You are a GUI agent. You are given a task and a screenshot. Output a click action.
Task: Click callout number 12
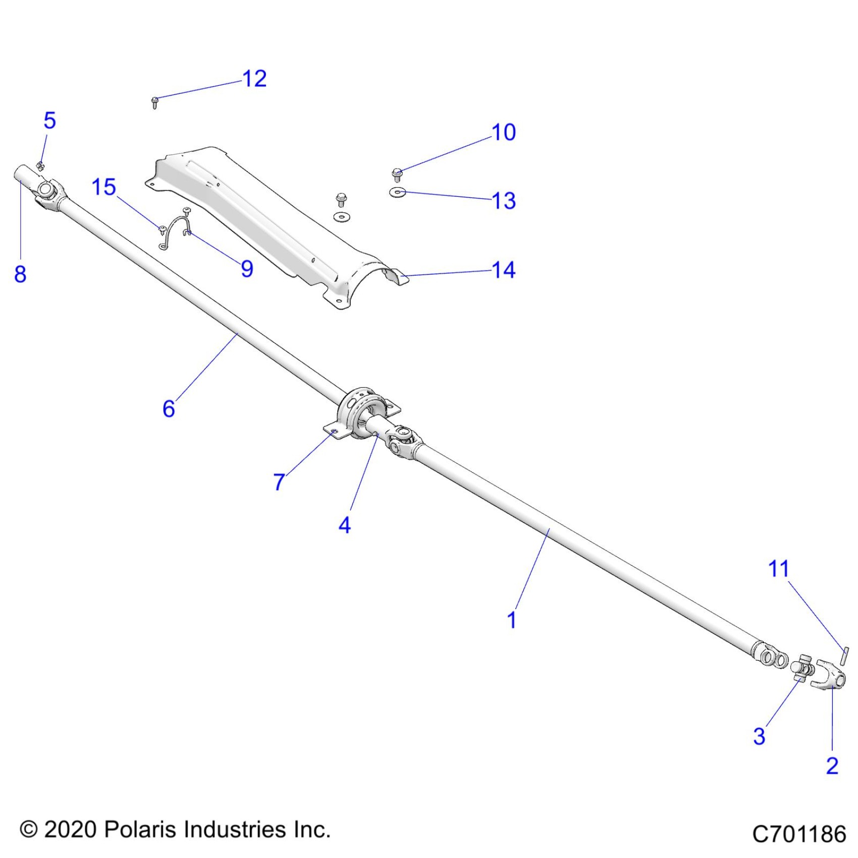click(254, 79)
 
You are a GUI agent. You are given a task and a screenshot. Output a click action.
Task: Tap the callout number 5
click(49, 121)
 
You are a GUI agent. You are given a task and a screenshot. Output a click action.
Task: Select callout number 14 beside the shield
click(504, 271)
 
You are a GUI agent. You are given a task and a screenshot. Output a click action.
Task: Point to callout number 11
click(778, 569)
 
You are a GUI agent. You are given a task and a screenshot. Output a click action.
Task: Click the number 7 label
click(279, 482)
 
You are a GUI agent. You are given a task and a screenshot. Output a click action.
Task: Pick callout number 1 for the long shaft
click(512, 620)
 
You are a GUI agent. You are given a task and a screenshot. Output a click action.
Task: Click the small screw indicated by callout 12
click(155, 102)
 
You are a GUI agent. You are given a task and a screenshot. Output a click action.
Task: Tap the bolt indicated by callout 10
click(397, 175)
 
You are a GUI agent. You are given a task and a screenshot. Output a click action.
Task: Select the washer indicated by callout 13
click(398, 192)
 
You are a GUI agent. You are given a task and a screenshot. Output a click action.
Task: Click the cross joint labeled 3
click(801, 670)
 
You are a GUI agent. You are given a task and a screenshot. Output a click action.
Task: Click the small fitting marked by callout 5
click(40, 166)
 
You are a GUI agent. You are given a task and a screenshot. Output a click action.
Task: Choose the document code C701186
click(799, 834)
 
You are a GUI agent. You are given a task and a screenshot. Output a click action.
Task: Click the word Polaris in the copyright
click(137, 830)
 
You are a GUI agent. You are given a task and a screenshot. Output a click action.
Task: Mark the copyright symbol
click(29, 830)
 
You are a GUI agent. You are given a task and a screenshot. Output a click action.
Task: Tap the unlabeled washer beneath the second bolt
click(342, 217)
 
